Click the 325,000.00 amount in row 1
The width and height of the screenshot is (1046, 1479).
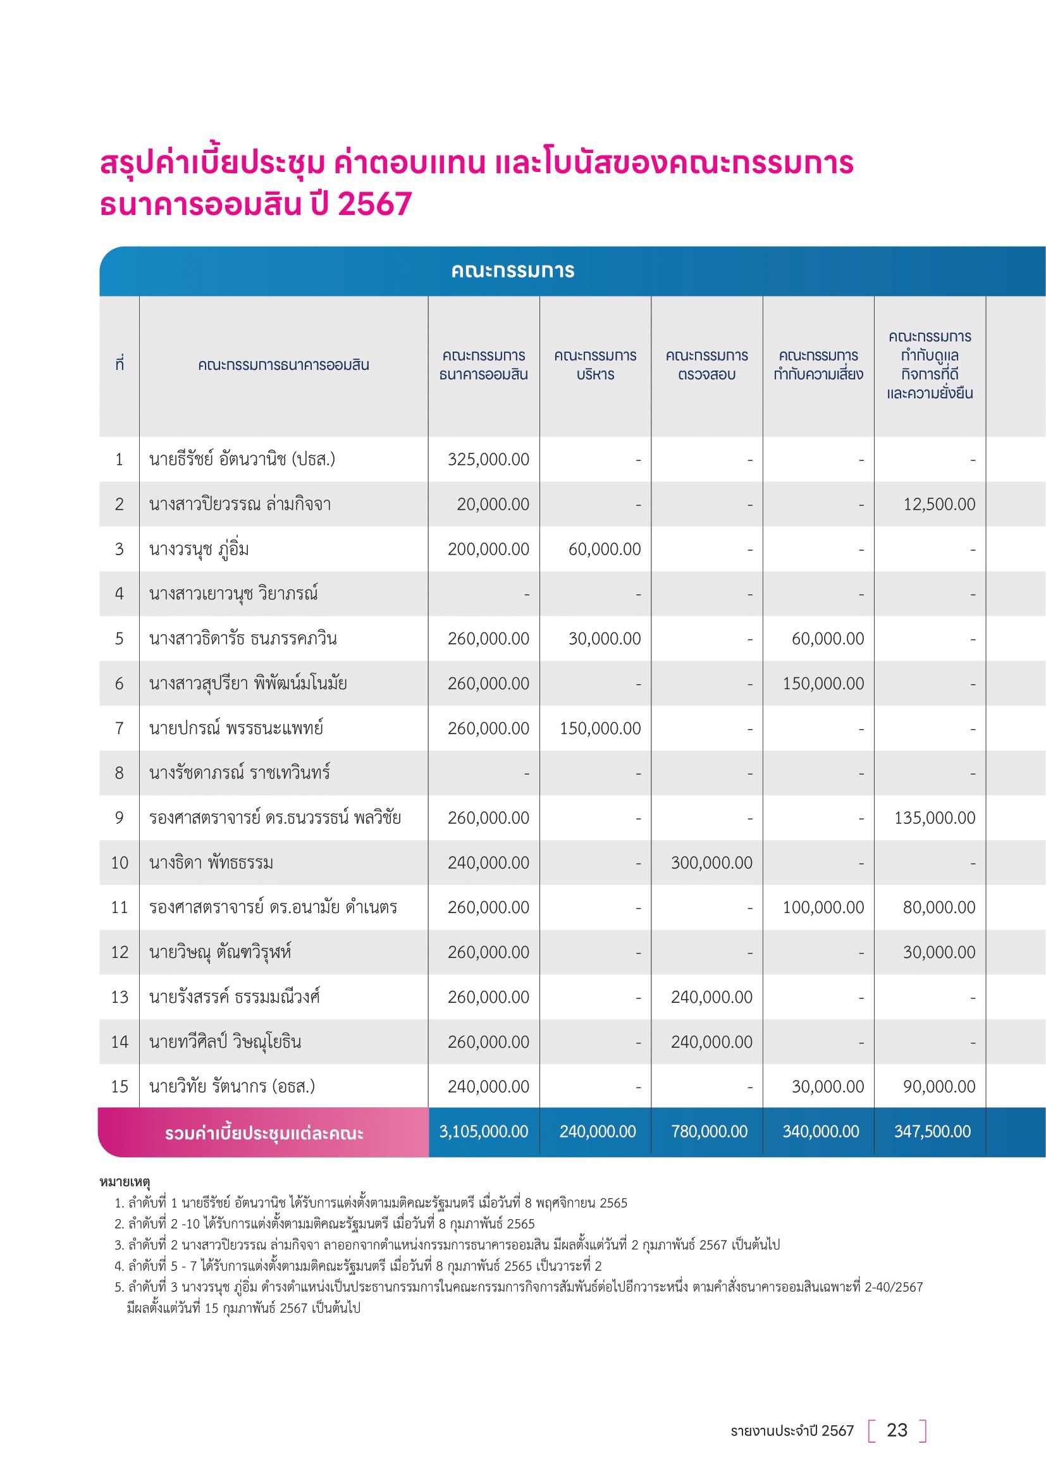point(488,459)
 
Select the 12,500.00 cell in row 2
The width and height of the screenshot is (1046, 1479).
point(939,505)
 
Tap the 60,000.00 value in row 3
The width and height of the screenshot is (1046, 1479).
point(604,549)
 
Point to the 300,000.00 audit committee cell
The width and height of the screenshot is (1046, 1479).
point(711,862)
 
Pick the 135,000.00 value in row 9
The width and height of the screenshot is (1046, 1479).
point(935,818)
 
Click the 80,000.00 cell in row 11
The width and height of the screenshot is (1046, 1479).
point(939,907)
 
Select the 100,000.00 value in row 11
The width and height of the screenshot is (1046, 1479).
point(823,907)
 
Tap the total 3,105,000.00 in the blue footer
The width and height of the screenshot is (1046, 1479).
point(483,1132)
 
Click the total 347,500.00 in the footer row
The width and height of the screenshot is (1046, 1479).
point(932,1132)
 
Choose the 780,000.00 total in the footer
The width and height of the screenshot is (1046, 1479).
point(709,1132)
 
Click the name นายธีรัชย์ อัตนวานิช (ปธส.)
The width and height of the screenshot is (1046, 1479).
point(242,459)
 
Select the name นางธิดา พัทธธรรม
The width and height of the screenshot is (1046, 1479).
point(211,862)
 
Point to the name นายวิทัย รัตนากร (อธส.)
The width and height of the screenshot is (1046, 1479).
point(232,1087)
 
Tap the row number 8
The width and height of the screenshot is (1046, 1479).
point(119,773)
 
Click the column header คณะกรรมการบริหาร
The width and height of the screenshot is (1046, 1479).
point(595,365)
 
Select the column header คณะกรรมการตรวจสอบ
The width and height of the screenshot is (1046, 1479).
point(706,365)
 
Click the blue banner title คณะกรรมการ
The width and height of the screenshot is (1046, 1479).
point(513,271)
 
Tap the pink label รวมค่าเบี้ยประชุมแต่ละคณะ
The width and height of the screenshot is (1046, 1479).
point(264,1134)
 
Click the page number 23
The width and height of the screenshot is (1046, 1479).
point(897,1431)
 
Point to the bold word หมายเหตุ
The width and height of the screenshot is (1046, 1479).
point(125,1182)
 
